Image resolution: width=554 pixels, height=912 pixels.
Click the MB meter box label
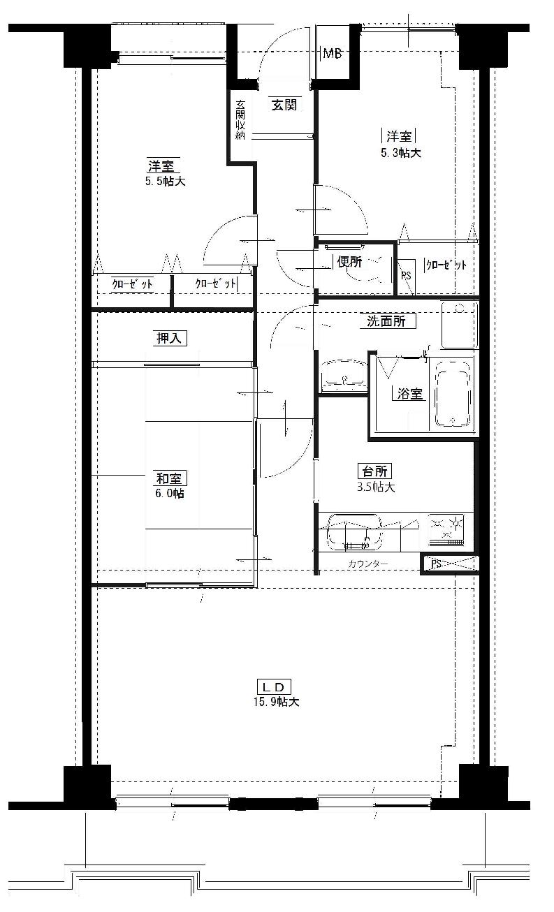point(333,53)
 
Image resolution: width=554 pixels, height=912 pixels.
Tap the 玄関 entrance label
point(285,105)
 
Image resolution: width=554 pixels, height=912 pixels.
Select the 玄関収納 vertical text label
point(240,119)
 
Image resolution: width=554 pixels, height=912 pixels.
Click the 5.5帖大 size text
point(166,181)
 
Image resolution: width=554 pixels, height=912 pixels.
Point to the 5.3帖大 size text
point(401,153)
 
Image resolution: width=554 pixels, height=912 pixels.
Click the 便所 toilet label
point(349,262)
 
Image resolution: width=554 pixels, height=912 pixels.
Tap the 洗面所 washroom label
point(386,321)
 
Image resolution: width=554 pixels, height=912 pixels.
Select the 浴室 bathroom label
point(410,394)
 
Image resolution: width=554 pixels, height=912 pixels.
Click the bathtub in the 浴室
point(453,394)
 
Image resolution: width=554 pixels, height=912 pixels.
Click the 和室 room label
point(170,478)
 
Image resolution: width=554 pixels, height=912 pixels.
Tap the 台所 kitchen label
point(374,471)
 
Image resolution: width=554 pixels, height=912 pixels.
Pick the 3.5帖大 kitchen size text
point(376,487)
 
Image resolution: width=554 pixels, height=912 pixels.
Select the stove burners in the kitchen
point(446,529)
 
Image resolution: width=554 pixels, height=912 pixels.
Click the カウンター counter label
point(368,564)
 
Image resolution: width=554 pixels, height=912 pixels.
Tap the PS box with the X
point(450,564)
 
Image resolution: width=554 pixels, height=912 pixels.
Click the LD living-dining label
point(274,687)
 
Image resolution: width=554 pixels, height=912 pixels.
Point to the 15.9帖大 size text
point(277,703)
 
